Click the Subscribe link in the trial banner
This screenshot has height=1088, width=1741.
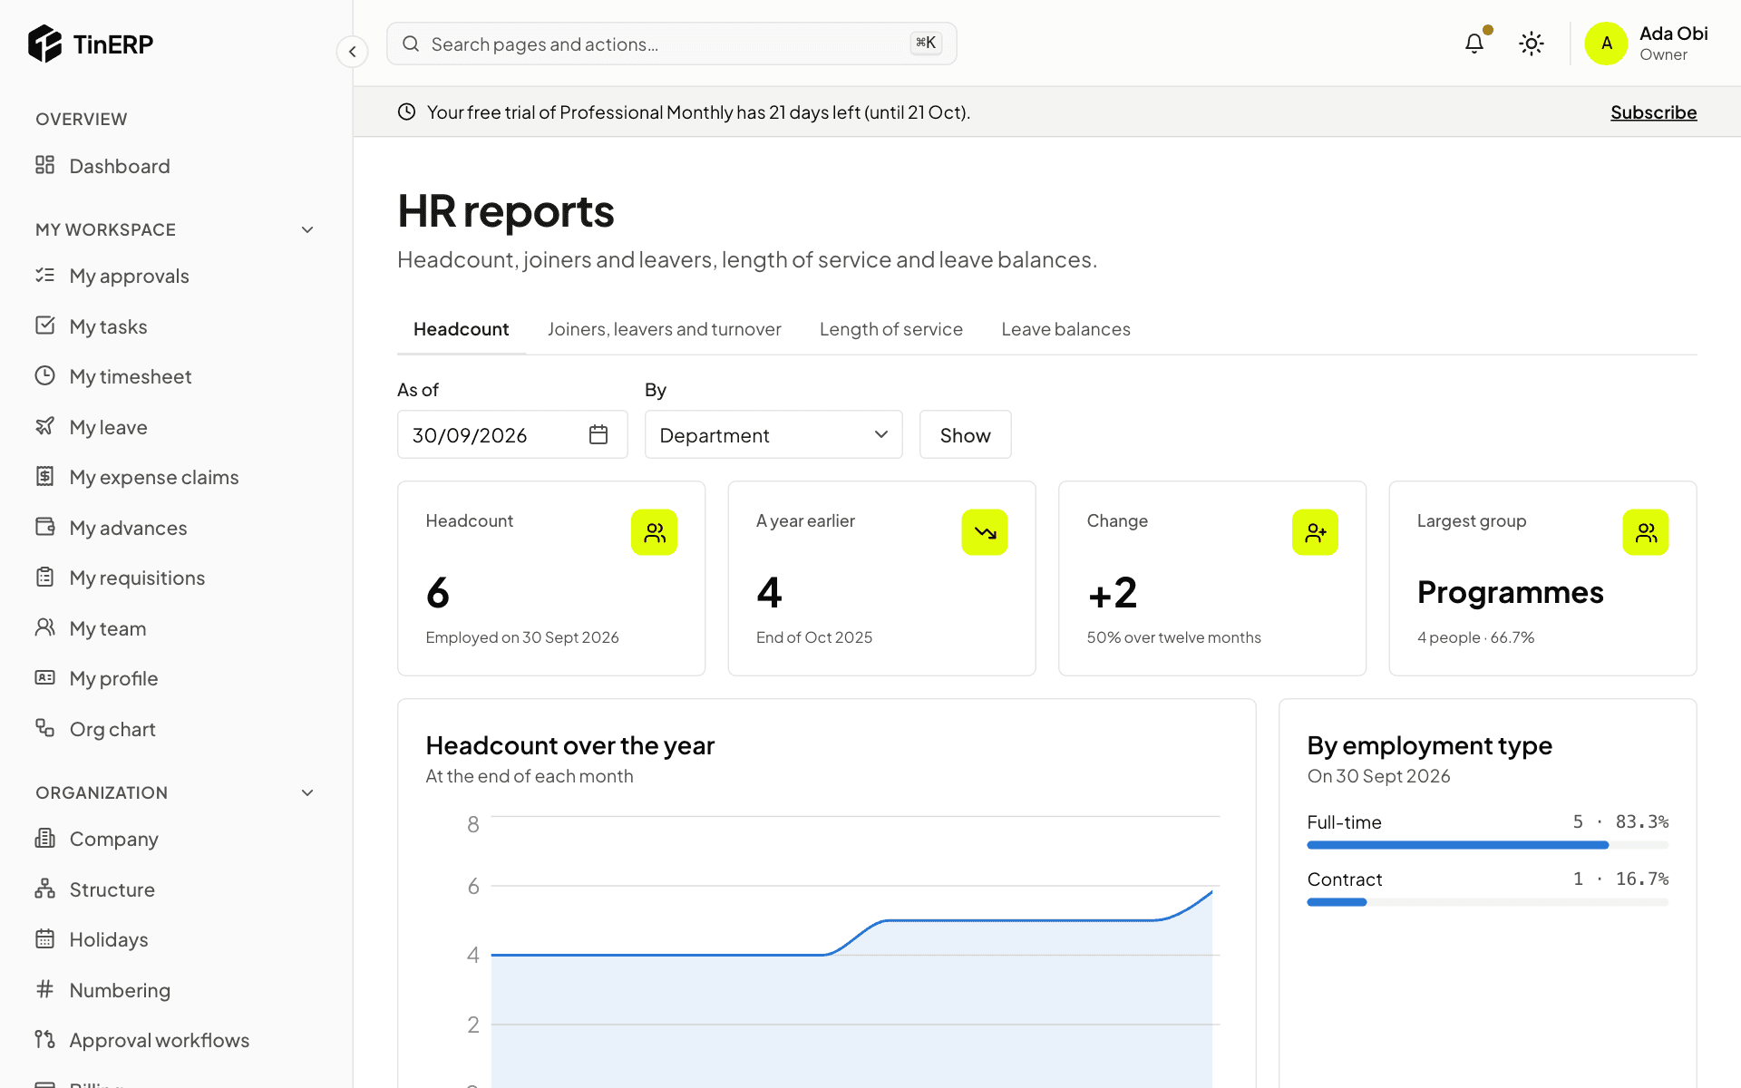click(1653, 112)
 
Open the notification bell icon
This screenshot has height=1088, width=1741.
click(1474, 44)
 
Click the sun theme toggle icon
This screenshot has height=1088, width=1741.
click(1532, 44)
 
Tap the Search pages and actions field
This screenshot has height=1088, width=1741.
click(671, 44)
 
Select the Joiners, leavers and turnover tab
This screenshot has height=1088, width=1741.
click(665, 329)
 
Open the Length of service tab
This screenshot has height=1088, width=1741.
click(891, 329)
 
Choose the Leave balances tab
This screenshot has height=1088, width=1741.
click(1065, 329)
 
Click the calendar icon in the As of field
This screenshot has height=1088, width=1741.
click(598, 435)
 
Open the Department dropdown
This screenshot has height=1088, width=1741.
click(773, 435)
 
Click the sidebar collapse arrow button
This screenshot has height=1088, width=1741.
click(353, 52)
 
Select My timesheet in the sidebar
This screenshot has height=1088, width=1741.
click(131, 376)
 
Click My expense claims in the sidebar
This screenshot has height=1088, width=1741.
click(154, 477)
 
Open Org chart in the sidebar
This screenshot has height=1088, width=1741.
click(112, 729)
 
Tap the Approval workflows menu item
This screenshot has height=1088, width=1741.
click(159, 1040)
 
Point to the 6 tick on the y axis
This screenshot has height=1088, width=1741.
click(473, 886)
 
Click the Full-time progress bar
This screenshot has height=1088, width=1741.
click(1487, 845)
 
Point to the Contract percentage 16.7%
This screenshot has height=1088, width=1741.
click(1641, 879)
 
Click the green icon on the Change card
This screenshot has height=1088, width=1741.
click(1315, 532)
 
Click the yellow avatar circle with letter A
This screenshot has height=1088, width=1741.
click(1607, 44)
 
